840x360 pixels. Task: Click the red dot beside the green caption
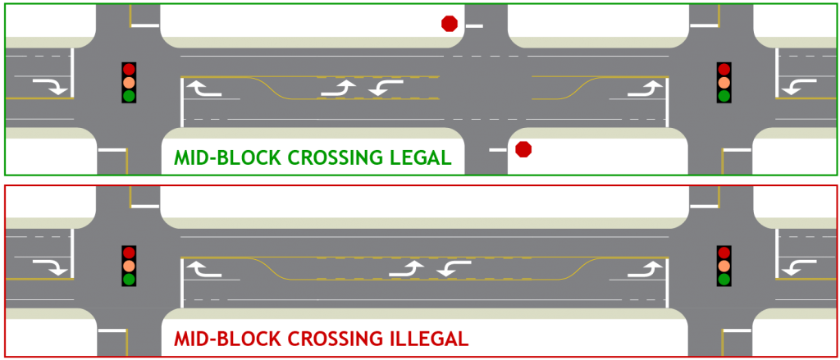[523, 149]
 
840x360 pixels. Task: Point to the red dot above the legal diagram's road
[449, 24]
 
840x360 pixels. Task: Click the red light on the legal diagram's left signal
[129, 70]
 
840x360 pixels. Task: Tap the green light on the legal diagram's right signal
[724, 96]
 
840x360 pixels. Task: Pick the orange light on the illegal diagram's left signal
[129, 266]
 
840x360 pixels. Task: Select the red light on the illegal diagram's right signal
[724, 253]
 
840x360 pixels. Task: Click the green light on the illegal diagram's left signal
[129, 279]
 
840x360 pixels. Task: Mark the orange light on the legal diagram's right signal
[724, 83]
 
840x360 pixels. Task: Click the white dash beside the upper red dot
[474, 26]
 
